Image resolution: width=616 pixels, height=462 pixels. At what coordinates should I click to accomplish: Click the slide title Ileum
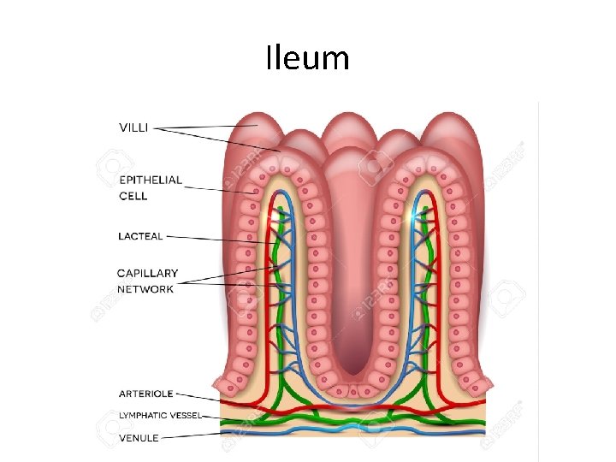(x=307, y=58)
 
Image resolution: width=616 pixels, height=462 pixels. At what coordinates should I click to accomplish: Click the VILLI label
(x=133, y=127)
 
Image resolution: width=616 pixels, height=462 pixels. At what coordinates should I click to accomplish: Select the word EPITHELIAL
(x=151, y=180)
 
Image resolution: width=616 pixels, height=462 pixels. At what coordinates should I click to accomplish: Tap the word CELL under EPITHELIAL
(x=133, y=195)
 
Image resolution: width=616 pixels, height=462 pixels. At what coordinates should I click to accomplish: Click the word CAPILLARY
(x=148, y=274)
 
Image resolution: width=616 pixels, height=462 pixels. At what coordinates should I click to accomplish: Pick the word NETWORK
(x=145, y=289)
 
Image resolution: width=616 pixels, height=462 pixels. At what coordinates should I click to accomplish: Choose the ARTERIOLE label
(x=145, y=394)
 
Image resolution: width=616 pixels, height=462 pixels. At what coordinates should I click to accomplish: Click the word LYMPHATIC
(x=141, y=416)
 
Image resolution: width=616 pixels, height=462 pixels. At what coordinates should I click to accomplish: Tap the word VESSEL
(x=186, y=416)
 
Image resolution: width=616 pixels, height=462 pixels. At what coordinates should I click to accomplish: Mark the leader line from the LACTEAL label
(x=214, y=238)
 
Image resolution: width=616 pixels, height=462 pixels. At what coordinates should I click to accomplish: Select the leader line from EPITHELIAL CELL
(x=214, y=188)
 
